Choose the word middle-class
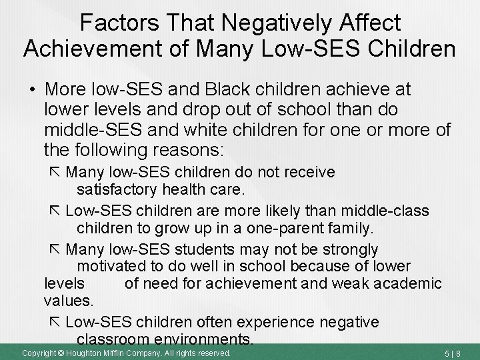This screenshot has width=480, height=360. point(387,211)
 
